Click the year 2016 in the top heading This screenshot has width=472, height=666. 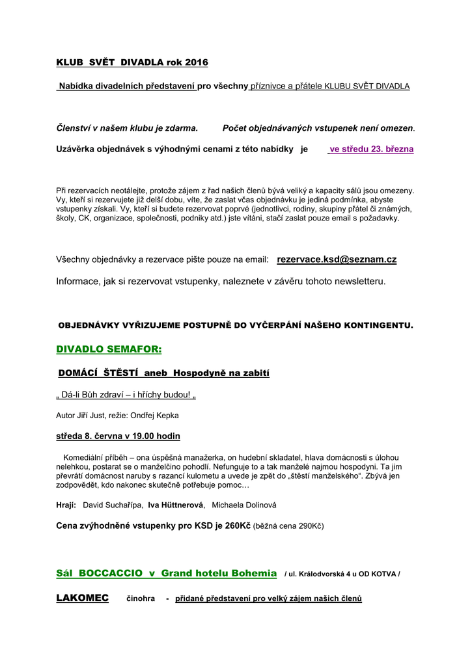(x=196, y=62)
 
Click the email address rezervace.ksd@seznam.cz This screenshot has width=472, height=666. (x=337, y=260)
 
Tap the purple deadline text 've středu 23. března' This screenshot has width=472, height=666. (x=371, y=149)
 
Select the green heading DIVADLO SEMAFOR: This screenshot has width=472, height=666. (x=109, y=349)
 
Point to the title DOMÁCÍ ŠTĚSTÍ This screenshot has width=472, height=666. (x=98, y=373)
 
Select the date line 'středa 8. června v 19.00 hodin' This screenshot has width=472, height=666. (x=118, y=436)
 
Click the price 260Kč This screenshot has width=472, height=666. (x=238, y=525)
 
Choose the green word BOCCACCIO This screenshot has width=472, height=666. (x=111, y=573)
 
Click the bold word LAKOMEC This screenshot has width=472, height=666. (x=83, y=598)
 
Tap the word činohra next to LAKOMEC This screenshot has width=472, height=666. (x=140, y=598)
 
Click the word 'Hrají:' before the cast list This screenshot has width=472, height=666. (x=66, y=505)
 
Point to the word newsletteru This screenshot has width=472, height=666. (x=357, y=282)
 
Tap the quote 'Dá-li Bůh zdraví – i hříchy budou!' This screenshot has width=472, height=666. (x=126, y=395)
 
